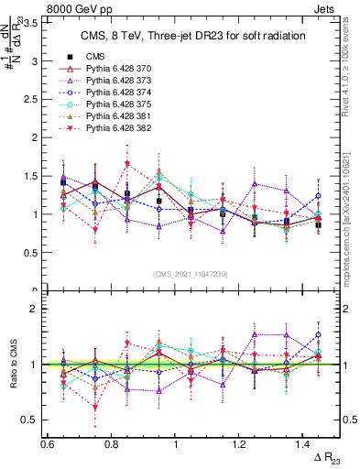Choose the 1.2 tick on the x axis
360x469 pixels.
(241, 444)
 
